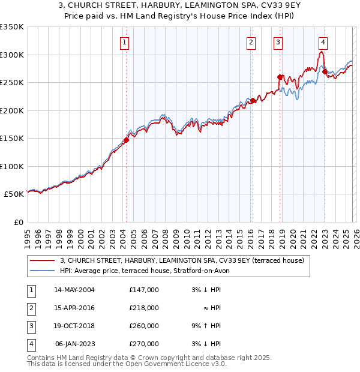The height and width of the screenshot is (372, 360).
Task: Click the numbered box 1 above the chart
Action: tap(124, 42)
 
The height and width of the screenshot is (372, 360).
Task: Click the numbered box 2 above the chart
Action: tap(250, 42)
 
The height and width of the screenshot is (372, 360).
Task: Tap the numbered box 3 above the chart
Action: tap(278, 42)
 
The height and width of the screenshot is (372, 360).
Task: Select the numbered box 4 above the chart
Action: tap(323, 42)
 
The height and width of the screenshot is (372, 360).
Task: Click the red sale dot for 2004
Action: tap(126, 140)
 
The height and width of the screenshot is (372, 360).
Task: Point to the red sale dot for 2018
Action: tap(280, 77)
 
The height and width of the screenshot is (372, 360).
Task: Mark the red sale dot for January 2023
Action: tap(325, 71)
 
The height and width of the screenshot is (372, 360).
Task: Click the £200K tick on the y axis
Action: tap(12, 110)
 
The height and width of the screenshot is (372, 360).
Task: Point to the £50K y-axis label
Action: tap(14, 194)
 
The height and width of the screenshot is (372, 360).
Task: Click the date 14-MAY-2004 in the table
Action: tap(74, 290)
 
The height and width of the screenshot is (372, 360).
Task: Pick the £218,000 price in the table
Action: tap(144, 308)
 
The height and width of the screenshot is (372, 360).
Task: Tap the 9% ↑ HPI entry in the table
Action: tap(206, 326)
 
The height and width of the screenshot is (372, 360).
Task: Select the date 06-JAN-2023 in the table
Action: tap(74, 344)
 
